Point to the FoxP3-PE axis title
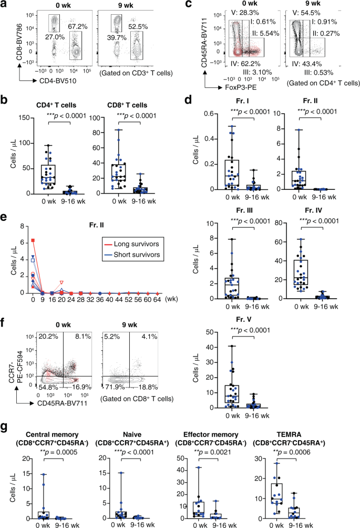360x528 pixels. [216, 83]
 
